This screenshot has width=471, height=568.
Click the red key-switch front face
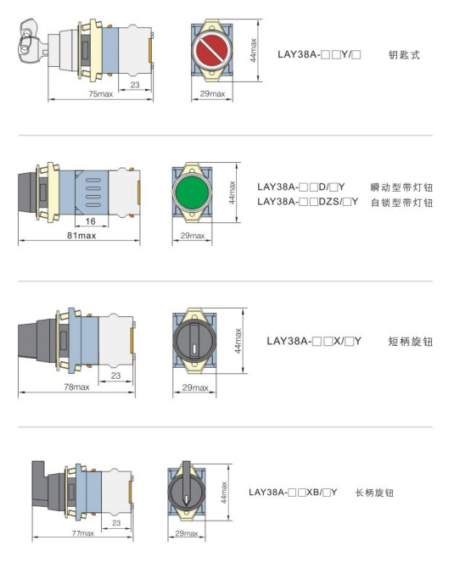coord(212,50)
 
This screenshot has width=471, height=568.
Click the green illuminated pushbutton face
coord(192,192)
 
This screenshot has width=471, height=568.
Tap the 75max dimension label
coord(101,94)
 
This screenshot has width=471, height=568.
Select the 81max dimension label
coord(81,236)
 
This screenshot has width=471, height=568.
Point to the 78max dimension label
coord(76,387)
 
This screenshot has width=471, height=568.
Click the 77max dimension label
coord(82,533)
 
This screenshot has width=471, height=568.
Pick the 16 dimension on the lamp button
coord(90,221)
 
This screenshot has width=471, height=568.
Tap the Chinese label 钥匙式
coord(404,55)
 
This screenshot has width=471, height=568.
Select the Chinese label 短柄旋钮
coord(410,342)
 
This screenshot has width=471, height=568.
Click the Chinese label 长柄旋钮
coord(374,493)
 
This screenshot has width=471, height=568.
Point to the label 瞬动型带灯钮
coord(401,187)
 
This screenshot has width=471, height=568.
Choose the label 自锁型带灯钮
coord(401,202)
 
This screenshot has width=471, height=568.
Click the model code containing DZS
coord(308,202)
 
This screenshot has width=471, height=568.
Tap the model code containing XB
coord(293,493)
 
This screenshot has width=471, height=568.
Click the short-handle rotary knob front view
coord(194,340)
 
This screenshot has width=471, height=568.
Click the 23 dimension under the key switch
coord(135,85)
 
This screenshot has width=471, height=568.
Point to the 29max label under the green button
coord(193,236)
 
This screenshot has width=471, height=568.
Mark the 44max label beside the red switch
coord(254,50)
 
